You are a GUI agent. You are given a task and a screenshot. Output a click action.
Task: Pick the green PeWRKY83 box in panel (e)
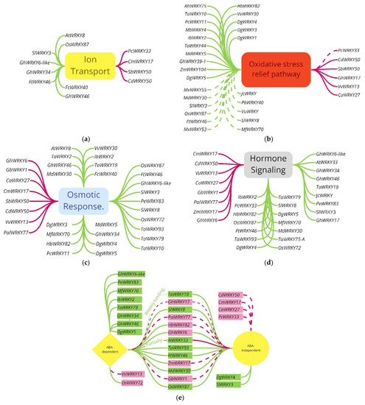128,282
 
